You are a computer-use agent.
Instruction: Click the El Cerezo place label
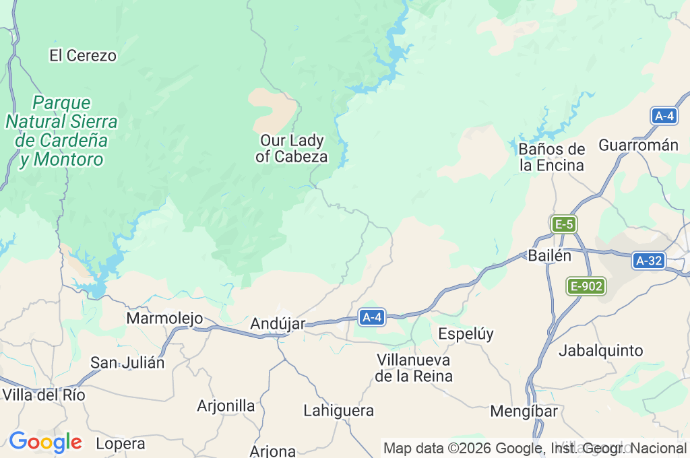(83, 56)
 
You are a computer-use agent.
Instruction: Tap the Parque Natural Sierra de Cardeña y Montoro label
(61, 131)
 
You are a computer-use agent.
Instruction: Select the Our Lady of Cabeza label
(292, 149)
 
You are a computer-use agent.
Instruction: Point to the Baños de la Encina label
(552, 157)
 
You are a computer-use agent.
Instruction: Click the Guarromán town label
(638, 145)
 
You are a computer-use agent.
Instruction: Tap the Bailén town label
(549, 256)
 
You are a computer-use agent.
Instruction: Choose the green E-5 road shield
(564, 224)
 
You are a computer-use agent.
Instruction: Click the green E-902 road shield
(586, 286)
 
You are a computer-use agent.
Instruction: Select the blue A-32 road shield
(649, 261)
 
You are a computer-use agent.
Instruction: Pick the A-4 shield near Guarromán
(664, 116)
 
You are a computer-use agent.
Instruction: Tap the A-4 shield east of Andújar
(372, 317)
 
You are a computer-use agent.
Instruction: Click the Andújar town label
(278, 324)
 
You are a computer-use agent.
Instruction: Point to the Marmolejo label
(164, 318)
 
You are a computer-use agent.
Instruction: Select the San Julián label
(127, 362)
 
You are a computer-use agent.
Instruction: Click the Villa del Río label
(44, 395)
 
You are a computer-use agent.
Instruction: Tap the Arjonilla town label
(226, 405)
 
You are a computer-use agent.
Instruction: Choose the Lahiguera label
(338, 410)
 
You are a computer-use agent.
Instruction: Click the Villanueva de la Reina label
(414, 368)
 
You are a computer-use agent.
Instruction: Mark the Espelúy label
(466, 333)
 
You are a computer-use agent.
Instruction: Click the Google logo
(45, 443)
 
